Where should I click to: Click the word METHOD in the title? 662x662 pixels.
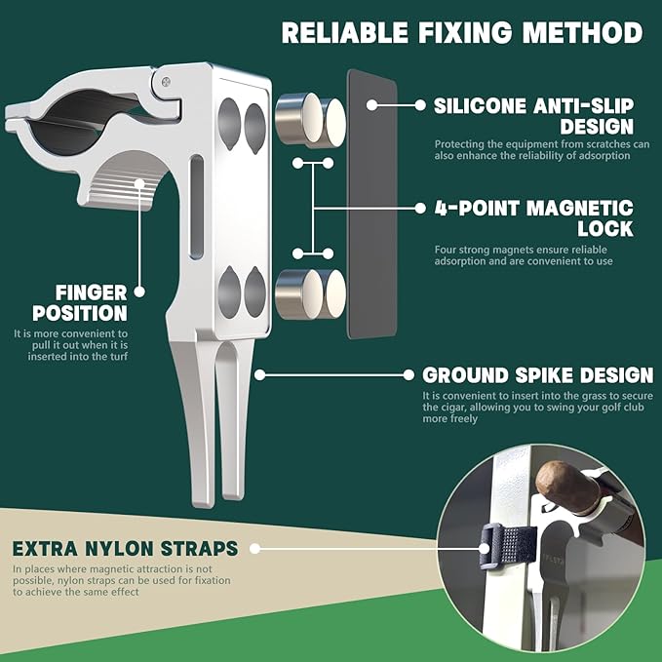583,32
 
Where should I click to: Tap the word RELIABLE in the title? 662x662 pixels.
345,32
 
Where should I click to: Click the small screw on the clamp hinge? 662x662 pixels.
167,82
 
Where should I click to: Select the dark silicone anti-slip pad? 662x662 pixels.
372,204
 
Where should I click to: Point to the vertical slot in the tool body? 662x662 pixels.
197,207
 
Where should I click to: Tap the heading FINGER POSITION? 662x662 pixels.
80,302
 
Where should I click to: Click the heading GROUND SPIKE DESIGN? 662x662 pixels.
538,375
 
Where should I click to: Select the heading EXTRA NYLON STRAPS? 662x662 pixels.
126,549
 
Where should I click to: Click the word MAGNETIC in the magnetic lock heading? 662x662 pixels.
580,208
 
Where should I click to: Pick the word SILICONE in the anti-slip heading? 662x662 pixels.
481,105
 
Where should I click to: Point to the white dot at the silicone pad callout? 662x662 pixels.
371,105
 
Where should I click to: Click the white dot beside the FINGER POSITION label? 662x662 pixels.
139,292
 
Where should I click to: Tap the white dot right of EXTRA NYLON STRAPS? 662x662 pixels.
254,549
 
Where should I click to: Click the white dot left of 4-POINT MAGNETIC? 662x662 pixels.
420,208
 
